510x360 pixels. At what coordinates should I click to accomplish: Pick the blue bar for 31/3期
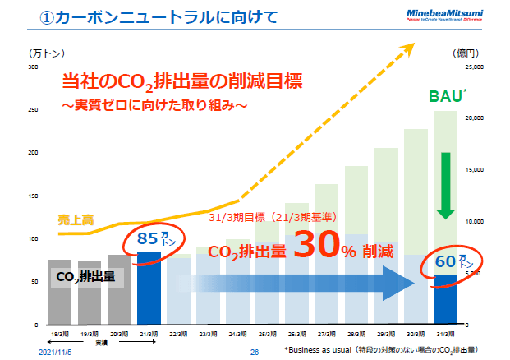[x=445, y=300]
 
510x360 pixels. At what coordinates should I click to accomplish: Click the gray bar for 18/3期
[x=60, y=292]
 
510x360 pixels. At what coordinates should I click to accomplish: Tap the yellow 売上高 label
[x=75, y=219]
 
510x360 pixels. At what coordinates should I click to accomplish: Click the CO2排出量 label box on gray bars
[x=88, y=278]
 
